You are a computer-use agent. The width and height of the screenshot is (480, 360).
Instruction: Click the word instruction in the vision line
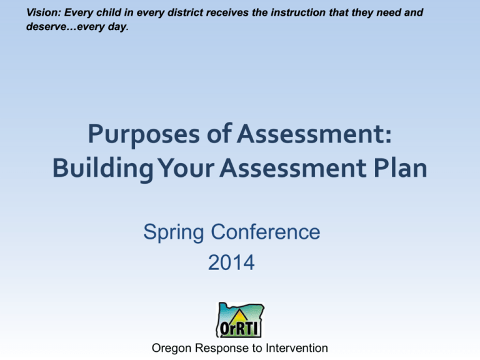click(x=301, y=12)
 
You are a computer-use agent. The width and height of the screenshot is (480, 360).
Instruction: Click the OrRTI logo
click(x=240, y=320)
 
